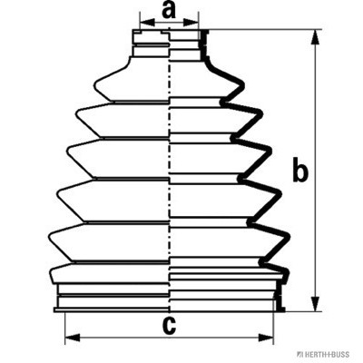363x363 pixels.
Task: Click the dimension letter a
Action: click(169, 9)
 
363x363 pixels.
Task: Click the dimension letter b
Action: click(300, 171)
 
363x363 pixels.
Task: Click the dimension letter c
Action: click(169, 326)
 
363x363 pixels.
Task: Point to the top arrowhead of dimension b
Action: click(315, 37)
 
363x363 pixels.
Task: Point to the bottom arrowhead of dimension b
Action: click(315, 303)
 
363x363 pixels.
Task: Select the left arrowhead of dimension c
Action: click(73, 338)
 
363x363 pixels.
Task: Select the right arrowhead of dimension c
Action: click(265, 338)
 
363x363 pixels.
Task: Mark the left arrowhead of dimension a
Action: click(147, 22)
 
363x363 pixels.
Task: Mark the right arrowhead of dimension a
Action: click(191, 22)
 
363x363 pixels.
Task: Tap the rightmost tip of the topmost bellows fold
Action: click(243, 86)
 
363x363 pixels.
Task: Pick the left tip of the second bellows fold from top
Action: click(76, 114)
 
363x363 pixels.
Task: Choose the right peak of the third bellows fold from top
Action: click(270, 150)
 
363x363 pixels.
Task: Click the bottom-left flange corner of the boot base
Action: click(54, 311)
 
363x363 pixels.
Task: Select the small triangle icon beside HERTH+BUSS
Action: click(299, 354)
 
